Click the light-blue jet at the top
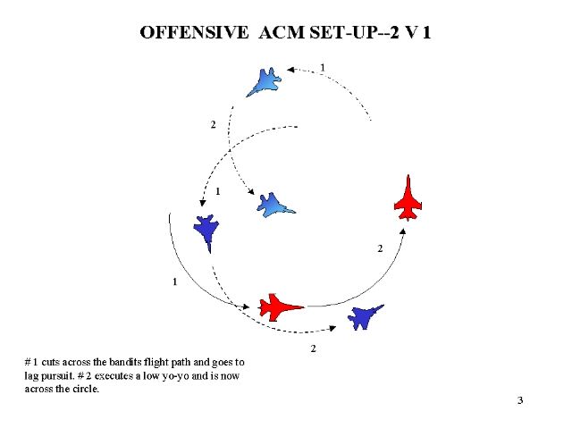[x=266, y=81]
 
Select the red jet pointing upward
[x=409, y=198]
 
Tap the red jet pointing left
[x=281, y=306]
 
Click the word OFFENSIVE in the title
[x=194, y=33]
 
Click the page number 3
[x=519, y=399]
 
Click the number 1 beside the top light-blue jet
[x=323, y=67]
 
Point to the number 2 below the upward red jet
[x=380, y=248]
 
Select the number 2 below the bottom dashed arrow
[x=313, y=348]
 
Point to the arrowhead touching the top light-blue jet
[x=291, y=67]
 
